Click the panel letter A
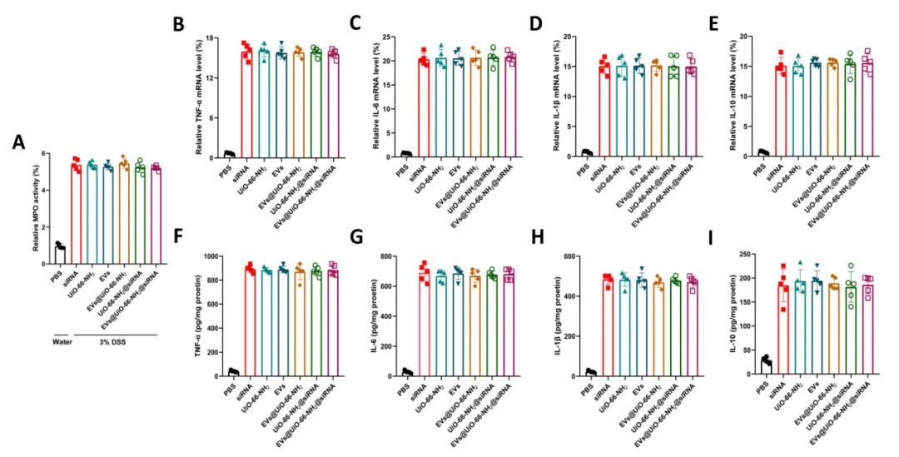18,142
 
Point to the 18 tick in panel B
218,37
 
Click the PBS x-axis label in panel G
403,387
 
